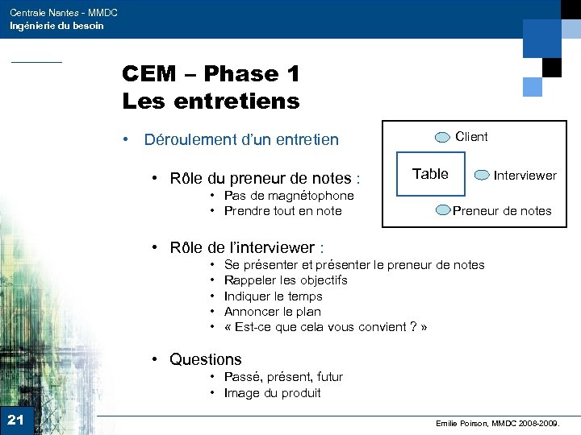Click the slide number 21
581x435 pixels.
point(15,419)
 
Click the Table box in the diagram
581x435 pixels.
point(431,174)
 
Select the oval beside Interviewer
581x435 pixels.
point(482,175)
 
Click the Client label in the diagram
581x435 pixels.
point(471,137)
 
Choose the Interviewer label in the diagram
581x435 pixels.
point(525,175)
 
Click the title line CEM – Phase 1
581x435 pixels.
point(211,74)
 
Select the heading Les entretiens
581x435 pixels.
point(211,101)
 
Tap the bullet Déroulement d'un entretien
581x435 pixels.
point(240,139)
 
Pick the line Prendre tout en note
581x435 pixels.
point(282,211)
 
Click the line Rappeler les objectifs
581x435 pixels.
point(286,280)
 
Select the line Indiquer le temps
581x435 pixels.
point(273,296)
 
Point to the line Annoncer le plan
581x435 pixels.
point(272,312)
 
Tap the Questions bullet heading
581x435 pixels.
point(205,359)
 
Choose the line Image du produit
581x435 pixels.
point(272,393)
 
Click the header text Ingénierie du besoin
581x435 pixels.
point(56,26)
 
